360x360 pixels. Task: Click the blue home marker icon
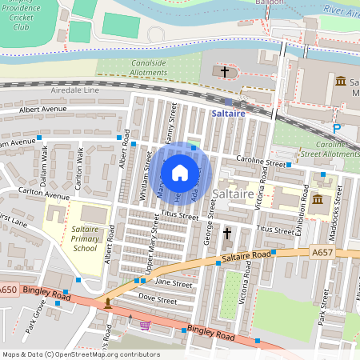pyautogui.click(x=180, y=172)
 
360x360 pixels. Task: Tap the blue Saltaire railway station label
pyautogui.click(x=234, y=114)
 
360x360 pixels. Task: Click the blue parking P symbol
pyautogui.click(x=337, y=127)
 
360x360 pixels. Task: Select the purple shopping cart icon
pyautogui.click(x=145, y=325)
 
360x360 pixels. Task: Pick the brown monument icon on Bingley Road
pyautogui.click(x=108, y=303)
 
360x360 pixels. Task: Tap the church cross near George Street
pyautogui.click(x=227, y=233)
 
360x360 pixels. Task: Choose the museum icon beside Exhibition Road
pyautogui.click(x=318, y=198)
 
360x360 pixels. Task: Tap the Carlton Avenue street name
pyautogui.click(x=46, y=194)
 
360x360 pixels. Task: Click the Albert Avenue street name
pyautogui.click(x=44, y=109)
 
